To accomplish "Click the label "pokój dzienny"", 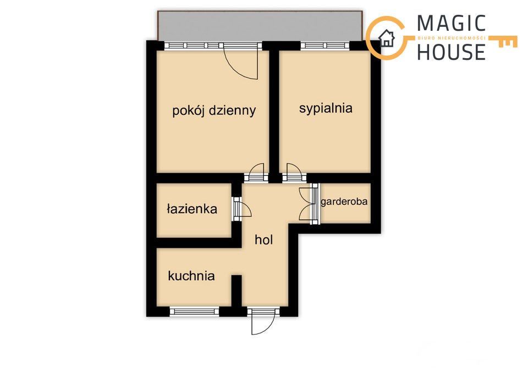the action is [x=214, y=110].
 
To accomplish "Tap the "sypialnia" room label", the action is [x=326, y=108].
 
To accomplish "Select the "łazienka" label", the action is [x=192, y=209].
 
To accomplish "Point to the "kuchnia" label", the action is [x=191, y=276].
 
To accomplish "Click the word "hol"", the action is [x=263, y=240].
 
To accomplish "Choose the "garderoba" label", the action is [x=344, y=202].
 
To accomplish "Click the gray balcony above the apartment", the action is [x=260, y=26].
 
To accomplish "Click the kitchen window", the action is [x=194, y=311].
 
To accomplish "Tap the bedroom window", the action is [x=324, y=46].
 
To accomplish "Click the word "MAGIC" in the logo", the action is [x=451, y=24].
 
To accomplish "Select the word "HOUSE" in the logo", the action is [x=451, y=52].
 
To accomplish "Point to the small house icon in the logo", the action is [x=387, y=38].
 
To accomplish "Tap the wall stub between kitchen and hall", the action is [x=237, y=291].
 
